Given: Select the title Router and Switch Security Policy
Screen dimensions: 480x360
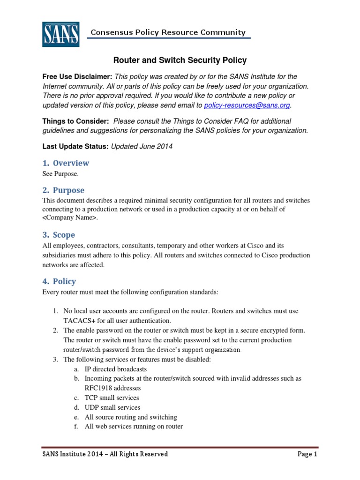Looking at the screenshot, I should coord(180,60).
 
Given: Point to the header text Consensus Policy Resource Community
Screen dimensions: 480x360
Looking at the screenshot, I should coord(168,32).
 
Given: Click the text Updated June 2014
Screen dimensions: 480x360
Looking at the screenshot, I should coord(142,146).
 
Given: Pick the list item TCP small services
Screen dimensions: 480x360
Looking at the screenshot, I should coord(112,398).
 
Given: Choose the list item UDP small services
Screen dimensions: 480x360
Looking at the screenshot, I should coord(112,407).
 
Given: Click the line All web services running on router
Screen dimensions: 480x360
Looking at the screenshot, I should coord(134,427).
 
